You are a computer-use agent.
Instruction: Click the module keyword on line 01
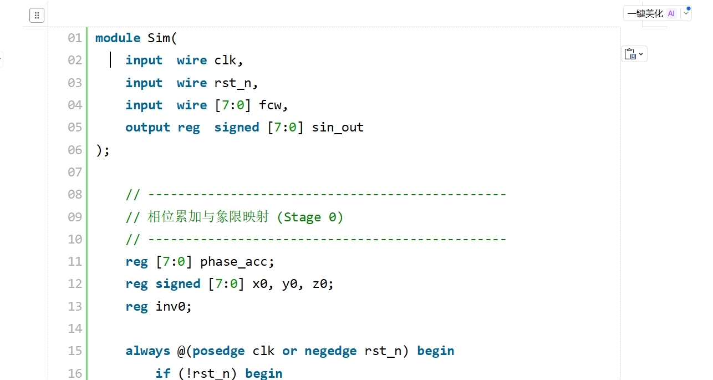pos(118,38)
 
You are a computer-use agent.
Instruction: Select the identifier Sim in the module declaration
pos(159,38)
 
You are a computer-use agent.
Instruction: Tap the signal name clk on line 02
pos(225,60)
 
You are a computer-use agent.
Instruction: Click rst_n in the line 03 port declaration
pos(233,83)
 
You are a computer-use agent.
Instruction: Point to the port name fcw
pos(270,105)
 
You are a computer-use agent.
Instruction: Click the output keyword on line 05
pos(147,128)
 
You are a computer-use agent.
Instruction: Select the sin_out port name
pos(338,128)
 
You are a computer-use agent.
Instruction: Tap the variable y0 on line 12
pos(290,284)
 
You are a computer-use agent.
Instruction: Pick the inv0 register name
pos(170,306)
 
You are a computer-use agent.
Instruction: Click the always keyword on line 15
pos(147,351)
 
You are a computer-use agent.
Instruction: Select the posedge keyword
pos(218,351)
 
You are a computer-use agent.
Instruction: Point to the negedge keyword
pos(330,351)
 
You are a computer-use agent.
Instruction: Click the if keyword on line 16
pos(162,373)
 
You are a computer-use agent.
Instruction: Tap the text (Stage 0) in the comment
pos(310,217)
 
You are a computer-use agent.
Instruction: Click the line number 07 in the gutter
pos(75,173)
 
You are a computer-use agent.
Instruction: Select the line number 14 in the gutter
pos(75,329)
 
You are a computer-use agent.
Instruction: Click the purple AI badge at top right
pos(671,13)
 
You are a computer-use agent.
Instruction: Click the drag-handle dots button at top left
pos(37,16)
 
